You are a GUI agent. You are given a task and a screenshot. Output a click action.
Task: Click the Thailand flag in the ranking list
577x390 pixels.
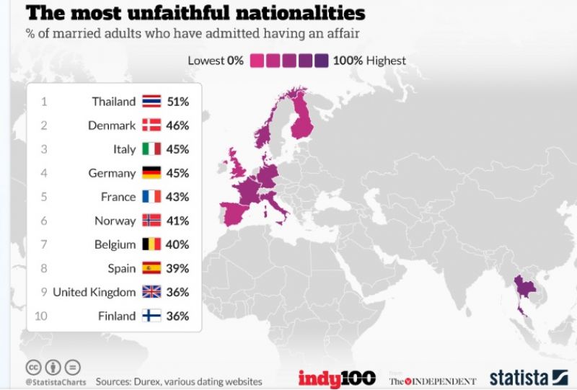151,102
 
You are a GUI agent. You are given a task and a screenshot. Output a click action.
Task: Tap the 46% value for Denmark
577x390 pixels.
177,125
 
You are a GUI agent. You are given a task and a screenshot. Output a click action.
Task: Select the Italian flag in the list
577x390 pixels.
151,149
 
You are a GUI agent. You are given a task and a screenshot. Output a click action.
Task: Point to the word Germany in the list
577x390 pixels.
113,173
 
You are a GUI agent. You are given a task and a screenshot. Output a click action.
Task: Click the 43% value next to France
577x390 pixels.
177,197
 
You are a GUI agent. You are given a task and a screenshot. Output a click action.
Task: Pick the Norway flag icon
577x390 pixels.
151,221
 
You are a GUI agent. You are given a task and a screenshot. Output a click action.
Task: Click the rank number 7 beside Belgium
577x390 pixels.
44,244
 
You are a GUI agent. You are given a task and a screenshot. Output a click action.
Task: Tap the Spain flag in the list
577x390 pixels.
151,268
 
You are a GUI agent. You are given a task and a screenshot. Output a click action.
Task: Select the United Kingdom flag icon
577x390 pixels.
151,292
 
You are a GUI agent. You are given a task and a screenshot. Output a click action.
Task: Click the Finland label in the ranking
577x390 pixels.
117,316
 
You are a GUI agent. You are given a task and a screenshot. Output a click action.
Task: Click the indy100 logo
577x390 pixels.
337,378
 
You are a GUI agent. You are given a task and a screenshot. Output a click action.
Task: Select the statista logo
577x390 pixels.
529,377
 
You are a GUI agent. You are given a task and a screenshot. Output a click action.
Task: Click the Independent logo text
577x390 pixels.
433,380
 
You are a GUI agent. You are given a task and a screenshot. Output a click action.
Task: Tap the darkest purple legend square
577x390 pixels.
321,61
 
